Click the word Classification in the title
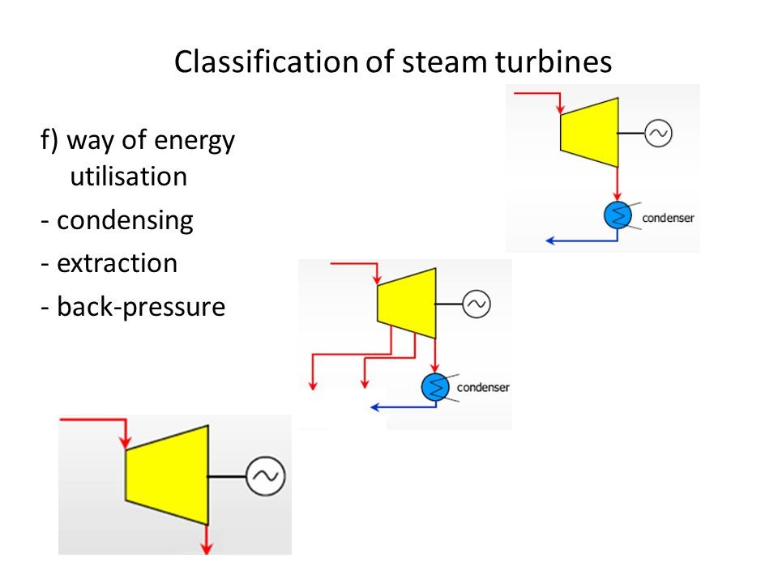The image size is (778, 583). (266, 62)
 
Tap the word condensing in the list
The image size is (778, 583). (125, 220)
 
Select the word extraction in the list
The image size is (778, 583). (117, 263)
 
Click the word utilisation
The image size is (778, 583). (129, 177)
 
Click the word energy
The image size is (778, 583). (194, 141)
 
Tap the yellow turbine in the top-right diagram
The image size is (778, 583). (589, 132)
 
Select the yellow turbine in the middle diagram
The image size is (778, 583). (407, 304)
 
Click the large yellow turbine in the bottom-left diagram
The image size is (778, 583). (167, 475)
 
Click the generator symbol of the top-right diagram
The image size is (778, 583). (658, 134)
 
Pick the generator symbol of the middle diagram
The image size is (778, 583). (477, 304)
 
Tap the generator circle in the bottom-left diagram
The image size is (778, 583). (266, 476)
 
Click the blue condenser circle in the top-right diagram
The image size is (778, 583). (618, 215)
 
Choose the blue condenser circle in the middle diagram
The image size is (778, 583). (435, 387)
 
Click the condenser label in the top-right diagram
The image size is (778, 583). (668, 218)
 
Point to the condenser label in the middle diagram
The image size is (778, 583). (483, 387)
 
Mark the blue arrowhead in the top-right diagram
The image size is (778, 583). (549, 241)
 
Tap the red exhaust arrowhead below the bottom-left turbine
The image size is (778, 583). (207, 548)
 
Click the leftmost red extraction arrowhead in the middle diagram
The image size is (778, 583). (313, 385)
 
